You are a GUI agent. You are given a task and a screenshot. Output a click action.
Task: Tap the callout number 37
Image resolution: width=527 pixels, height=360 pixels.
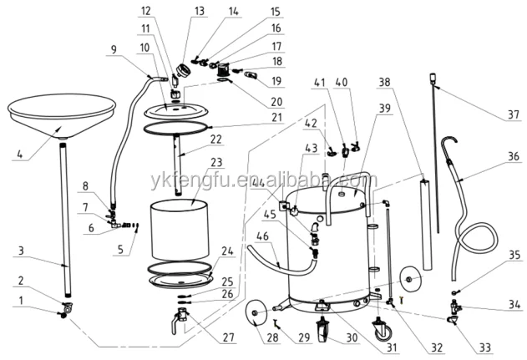point(507,115)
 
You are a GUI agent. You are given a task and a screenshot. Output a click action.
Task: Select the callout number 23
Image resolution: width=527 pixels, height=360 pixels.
point(216,163)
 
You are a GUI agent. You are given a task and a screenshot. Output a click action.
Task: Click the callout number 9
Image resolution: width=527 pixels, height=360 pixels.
point(114,48)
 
